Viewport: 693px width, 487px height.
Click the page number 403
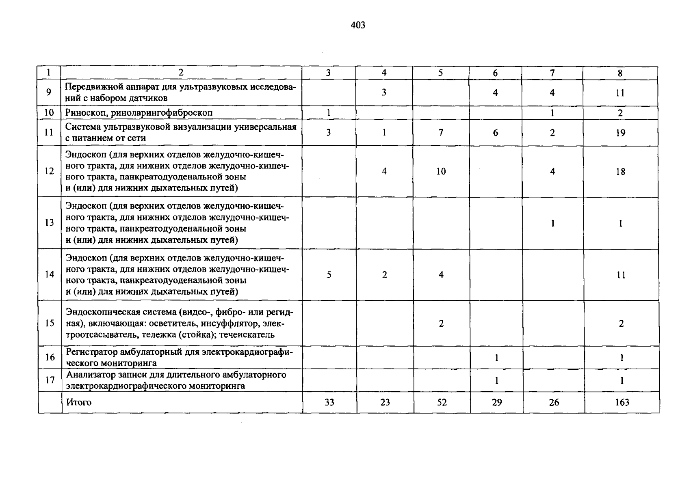click(357, 26)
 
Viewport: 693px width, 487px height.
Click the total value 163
click(622, 403)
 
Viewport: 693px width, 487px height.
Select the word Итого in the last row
click(79, 403)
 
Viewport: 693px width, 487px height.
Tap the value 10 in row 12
click(441, 172)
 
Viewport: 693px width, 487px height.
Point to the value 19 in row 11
click(620, 133)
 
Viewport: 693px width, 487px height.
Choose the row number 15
click(50, 323)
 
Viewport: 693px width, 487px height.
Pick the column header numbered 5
click(440, 73)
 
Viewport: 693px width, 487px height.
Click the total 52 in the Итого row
click(442, 403)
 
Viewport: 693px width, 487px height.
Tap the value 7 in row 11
click(441, 133)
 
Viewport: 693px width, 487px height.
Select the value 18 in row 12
click(620, 172)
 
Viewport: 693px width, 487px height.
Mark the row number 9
click(49, 93)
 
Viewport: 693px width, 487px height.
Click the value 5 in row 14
click(329, 275)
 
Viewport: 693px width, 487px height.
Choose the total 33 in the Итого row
click(329, 403)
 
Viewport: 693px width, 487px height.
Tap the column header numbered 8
click(620, 73)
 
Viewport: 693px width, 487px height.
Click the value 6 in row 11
click(495, 133)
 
